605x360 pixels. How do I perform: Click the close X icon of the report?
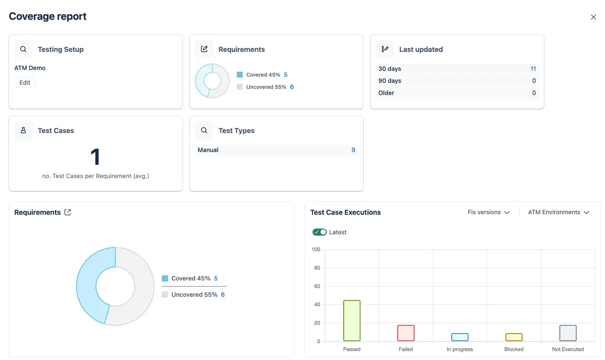593,17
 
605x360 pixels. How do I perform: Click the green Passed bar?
352,321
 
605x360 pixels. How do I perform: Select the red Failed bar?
406,333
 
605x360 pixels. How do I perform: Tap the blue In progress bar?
460,337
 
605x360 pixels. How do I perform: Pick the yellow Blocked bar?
514,337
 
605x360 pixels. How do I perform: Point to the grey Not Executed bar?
568,333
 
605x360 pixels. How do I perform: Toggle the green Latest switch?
319,232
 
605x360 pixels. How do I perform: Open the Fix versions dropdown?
488,212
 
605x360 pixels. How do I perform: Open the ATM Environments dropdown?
558,212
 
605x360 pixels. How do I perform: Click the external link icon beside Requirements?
68,212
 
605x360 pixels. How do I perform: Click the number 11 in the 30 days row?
533,69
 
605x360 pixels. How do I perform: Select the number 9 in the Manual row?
353,150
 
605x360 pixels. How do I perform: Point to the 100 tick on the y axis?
316,249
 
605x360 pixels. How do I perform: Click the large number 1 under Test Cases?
95,157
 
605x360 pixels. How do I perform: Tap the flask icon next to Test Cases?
23,130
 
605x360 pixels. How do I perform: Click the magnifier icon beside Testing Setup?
23,49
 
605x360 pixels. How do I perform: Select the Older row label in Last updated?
386,93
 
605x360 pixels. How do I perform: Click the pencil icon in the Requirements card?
204,49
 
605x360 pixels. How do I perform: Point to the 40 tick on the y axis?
317,304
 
